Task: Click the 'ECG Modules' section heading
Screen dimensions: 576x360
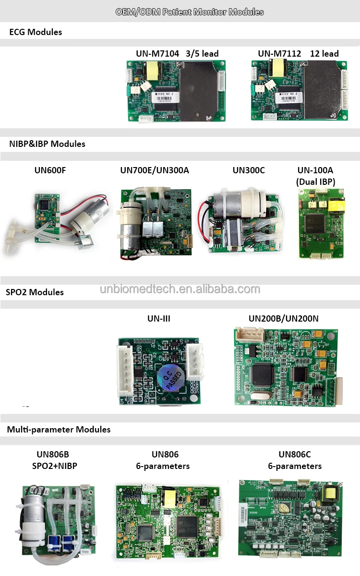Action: (36, 32)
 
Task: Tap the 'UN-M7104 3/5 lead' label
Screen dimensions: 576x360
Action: (177, 54)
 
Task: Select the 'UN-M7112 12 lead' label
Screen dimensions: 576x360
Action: (298, 54)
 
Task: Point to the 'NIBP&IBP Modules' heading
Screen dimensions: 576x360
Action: (47, 144)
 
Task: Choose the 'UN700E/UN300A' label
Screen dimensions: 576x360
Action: (155, 170)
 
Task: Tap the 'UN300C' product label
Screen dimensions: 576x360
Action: (249, 170)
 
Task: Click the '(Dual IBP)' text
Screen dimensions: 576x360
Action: (315, 181)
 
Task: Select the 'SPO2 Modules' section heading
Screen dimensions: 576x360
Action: (35, 292)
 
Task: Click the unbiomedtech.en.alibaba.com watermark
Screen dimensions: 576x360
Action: (180, 289)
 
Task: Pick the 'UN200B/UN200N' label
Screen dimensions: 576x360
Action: (283, 318)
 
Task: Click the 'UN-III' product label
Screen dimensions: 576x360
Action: (159, 318)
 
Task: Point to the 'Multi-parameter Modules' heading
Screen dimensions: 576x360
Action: (59, 430)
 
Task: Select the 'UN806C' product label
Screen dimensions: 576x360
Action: (295, 454)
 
